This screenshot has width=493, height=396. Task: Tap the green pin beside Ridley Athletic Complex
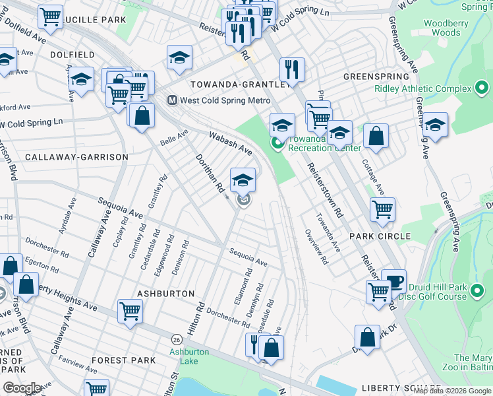point(482,88)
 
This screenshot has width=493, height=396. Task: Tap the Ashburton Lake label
point(188,356)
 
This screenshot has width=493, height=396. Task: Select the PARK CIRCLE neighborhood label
point(380,236)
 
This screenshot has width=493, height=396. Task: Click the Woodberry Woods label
point(442,28)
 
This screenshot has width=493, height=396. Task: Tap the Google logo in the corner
point(22,388)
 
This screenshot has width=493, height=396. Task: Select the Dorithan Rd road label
point(210,174)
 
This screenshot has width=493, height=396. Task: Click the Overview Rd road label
point(316,246)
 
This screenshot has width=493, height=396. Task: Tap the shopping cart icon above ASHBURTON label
point(130,310)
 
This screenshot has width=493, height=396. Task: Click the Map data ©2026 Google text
point(452,391)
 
